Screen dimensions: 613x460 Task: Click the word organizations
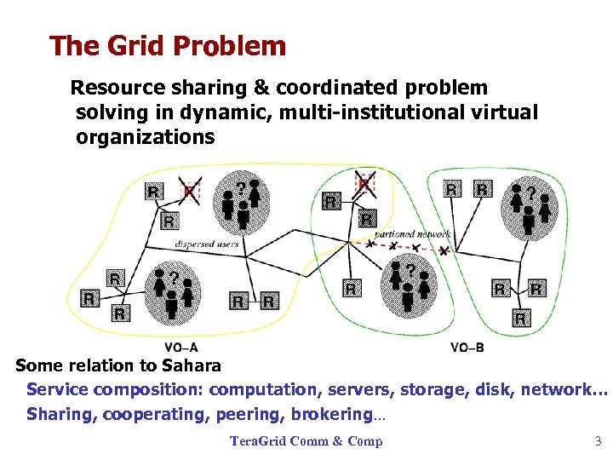pyautogui.click(x=145, y=137)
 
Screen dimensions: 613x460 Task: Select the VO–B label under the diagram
pyautogui.click(x=467, y=347)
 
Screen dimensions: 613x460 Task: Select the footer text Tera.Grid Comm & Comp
pyautogui.click(x=306, y=441)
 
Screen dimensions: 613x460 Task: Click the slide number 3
pyautogui.click(x=598, y=441)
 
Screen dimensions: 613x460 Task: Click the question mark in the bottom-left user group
pyautogui.click(x=173, y=279)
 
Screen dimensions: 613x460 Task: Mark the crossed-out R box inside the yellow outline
pyautogui.click(x=190, y=190)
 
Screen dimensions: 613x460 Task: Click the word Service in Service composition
pyautogui.click(x=57, y=390)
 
